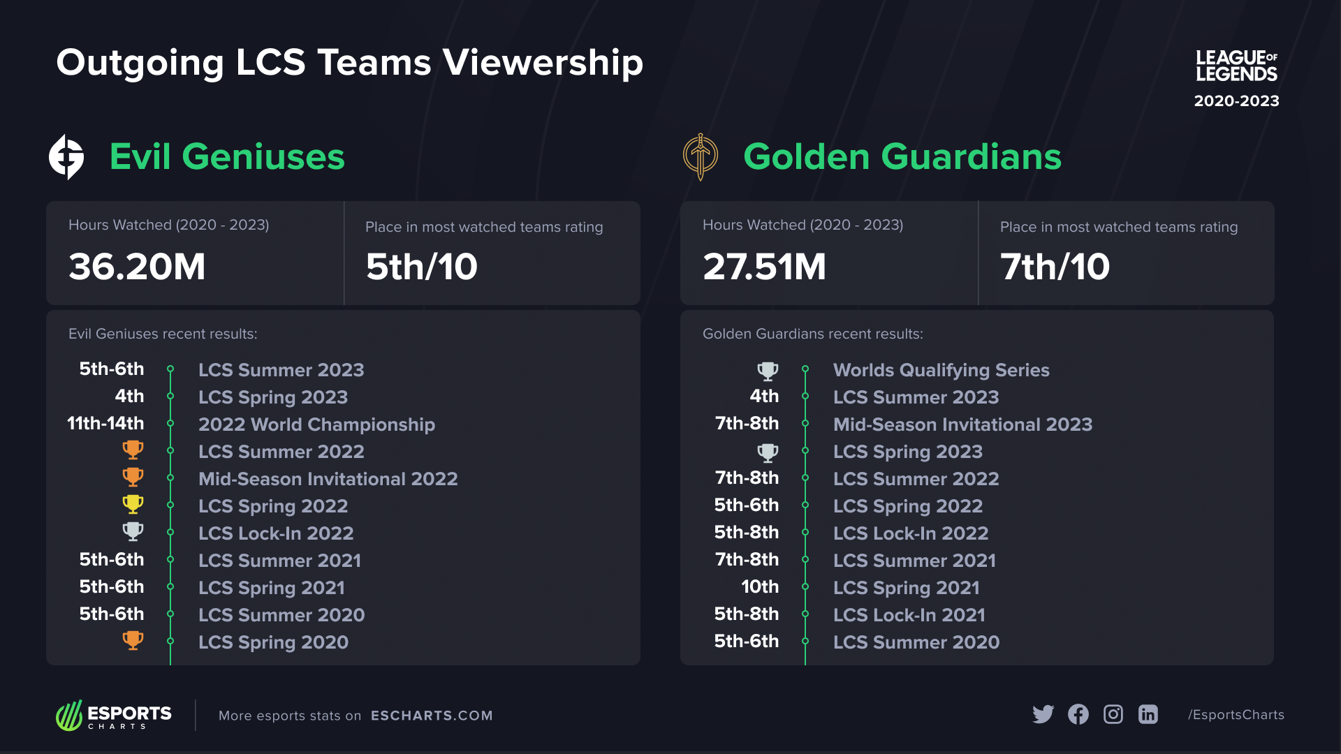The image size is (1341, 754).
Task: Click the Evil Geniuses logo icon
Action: [66, 157]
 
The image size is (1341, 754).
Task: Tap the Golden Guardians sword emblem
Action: [700, 157]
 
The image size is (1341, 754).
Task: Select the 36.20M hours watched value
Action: [137, 267]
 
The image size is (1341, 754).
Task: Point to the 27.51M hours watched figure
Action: [764, 267]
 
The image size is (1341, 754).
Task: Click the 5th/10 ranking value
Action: [421, 267]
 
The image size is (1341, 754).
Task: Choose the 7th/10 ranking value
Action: [1055, 267]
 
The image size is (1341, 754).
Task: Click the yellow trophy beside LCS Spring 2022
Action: [133, 504]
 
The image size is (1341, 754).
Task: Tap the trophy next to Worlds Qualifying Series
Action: [768, 370]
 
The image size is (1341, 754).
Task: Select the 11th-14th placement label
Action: [105, 423]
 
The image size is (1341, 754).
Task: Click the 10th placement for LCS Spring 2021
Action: [760, 586]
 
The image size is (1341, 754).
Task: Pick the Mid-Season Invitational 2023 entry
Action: [962, 424]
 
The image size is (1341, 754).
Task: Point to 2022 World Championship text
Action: [316, 424]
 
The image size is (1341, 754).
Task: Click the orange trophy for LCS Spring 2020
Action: [133, 640]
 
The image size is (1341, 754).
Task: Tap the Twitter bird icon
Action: [1043, 714]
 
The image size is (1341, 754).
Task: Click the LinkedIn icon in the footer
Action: [1148, 714]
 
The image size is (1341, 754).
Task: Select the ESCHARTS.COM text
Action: [432, 716]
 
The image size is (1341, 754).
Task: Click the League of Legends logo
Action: [1236, 66]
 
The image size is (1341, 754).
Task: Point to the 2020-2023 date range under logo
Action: [1236, 101]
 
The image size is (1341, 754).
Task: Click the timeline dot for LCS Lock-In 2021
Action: [805, 614]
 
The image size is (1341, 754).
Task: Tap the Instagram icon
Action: [1113, 714]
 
